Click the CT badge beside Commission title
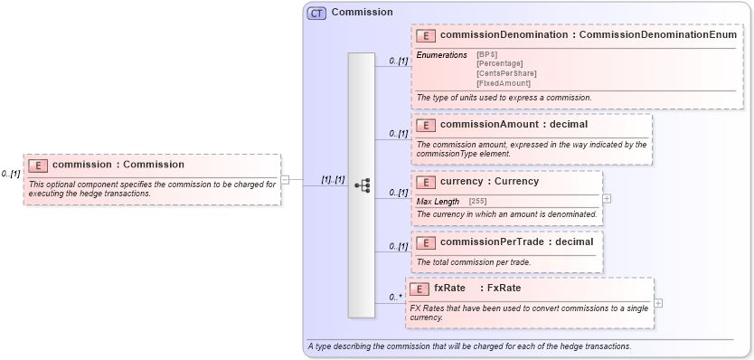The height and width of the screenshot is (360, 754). [316, 13]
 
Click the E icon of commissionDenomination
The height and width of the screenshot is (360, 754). [426, 35]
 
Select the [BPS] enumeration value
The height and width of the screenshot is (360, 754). [486, 54]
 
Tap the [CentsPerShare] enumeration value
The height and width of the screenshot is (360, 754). [506, 73]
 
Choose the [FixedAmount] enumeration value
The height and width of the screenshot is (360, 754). [504, 83]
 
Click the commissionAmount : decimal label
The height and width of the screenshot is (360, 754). [514, 125]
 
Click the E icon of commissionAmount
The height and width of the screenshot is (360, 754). [426, 125]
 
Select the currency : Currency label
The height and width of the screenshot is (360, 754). [489, 182]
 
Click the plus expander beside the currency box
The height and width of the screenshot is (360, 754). [607, 198]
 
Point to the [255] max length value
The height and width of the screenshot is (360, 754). [477, 201]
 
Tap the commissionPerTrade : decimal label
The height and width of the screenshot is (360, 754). [516, 242]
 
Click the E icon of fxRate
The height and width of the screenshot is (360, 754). [419, 289]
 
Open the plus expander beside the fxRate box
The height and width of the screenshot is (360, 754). [658, 303]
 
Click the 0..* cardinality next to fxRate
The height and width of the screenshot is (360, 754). [395, 297]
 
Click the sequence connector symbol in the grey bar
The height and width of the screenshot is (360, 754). [362, 185]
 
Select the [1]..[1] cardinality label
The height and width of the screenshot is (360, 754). [333, 180]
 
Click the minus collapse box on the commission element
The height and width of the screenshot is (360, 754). [285, 179]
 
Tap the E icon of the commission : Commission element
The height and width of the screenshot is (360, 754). [38, 165]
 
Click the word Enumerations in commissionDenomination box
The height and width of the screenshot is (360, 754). [441, 55]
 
